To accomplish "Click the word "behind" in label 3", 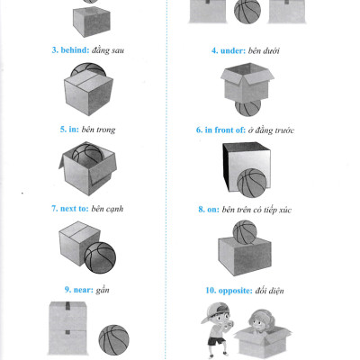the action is (75, 50).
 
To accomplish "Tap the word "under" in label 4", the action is (233, 50).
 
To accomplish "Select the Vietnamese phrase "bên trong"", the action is (98, 130).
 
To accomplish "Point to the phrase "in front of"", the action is (225, 130).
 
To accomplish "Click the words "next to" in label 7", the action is (75, 209).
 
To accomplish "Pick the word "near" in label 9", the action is (84, 290).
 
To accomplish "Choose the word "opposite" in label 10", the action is (236, 291).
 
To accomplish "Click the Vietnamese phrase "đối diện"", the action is (269, 291).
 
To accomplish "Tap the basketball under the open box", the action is (247, 108).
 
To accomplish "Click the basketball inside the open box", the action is (87, 154).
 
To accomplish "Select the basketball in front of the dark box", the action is (252, 183).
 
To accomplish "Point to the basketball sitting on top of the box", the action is (245, 232).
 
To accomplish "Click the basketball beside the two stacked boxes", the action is (114, 340).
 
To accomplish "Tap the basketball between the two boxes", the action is (247, 12).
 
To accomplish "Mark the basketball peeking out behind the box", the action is (88, 68).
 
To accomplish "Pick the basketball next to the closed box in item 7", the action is (100, 257).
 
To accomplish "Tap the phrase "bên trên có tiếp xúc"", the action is (256, 210).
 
